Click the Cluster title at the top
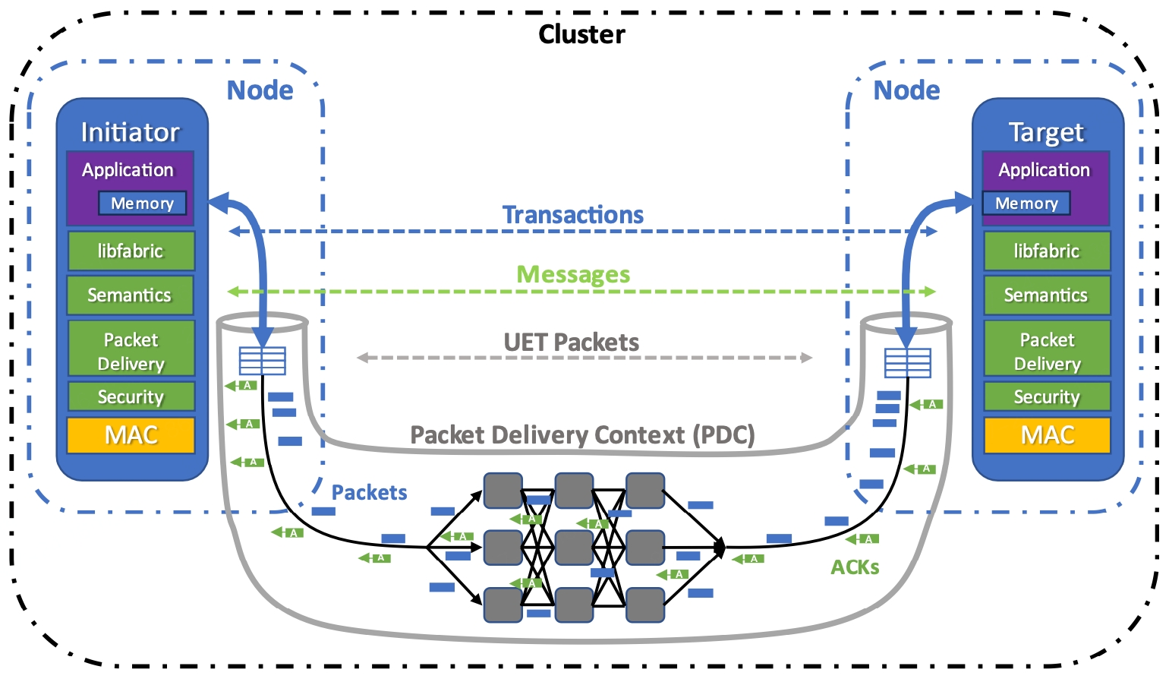point(581,35)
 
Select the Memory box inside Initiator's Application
point(142,204)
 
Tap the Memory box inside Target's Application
point(1026,204)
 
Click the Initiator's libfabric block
point(131,251)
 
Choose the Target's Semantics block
point(1046,295)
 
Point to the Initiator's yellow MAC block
point(131,435)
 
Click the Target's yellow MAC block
point(1047,435)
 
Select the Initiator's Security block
point(131,396)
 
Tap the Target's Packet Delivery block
point(1047,351)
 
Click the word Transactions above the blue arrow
point(572,215)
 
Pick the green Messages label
point(573,274)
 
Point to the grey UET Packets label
point(571,343)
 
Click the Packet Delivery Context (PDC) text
point(582,435)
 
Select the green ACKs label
point(855,567)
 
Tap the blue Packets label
point(369,493)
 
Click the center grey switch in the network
point(574,548)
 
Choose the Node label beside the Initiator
point(260,90)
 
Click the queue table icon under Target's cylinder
point(907,362)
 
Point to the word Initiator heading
point(131,132)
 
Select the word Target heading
point(1046,132)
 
